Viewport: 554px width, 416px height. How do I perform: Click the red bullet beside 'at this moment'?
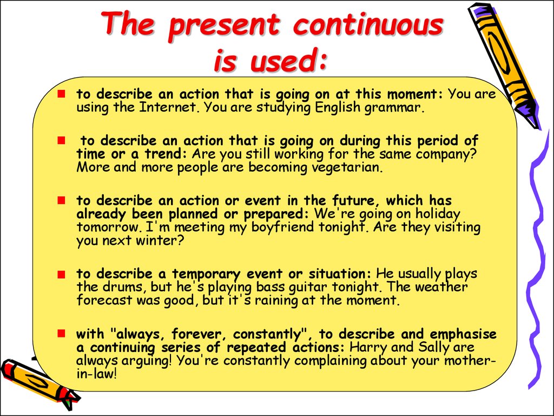[62, 94]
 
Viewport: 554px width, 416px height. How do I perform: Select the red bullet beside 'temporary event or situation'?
[62, 274]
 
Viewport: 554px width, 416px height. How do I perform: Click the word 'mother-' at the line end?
[470, 361]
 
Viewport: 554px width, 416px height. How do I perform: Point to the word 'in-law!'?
[96, 374]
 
